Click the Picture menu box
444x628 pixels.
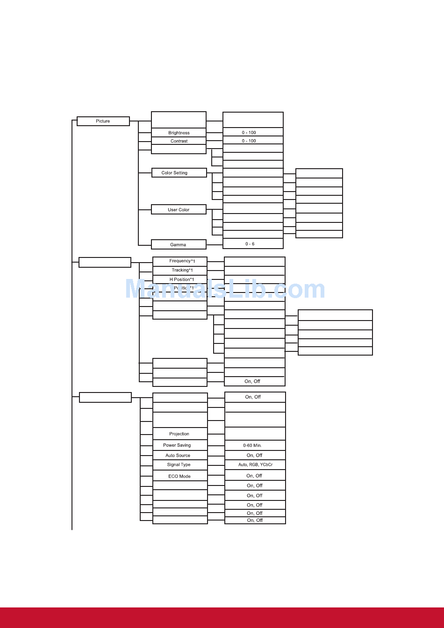103,121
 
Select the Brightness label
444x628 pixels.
179,133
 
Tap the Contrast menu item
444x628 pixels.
179,141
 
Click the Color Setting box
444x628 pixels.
174,173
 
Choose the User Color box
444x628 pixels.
179,210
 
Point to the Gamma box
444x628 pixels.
178,244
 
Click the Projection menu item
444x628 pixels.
179,434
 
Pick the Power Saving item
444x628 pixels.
177,445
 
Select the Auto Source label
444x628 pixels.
178,456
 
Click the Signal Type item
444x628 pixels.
179,465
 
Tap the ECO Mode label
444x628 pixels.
179,476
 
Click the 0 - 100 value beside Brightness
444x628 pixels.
249,133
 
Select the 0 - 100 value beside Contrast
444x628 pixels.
249,141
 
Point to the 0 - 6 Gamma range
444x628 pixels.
250,244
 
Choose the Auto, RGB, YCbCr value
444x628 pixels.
255,465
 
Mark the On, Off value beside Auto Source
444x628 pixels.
254,456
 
